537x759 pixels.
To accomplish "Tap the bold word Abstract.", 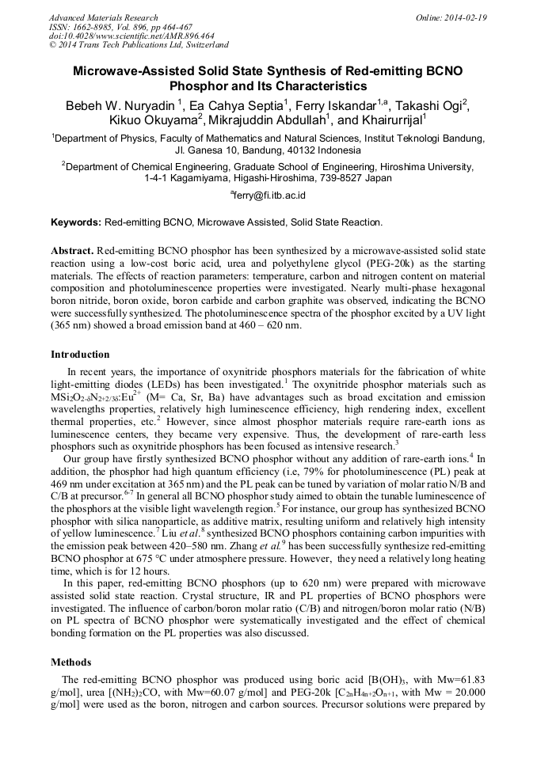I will point(72,249).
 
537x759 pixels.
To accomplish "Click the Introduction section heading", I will point(80,354).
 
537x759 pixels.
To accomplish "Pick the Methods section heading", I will point(71,662).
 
